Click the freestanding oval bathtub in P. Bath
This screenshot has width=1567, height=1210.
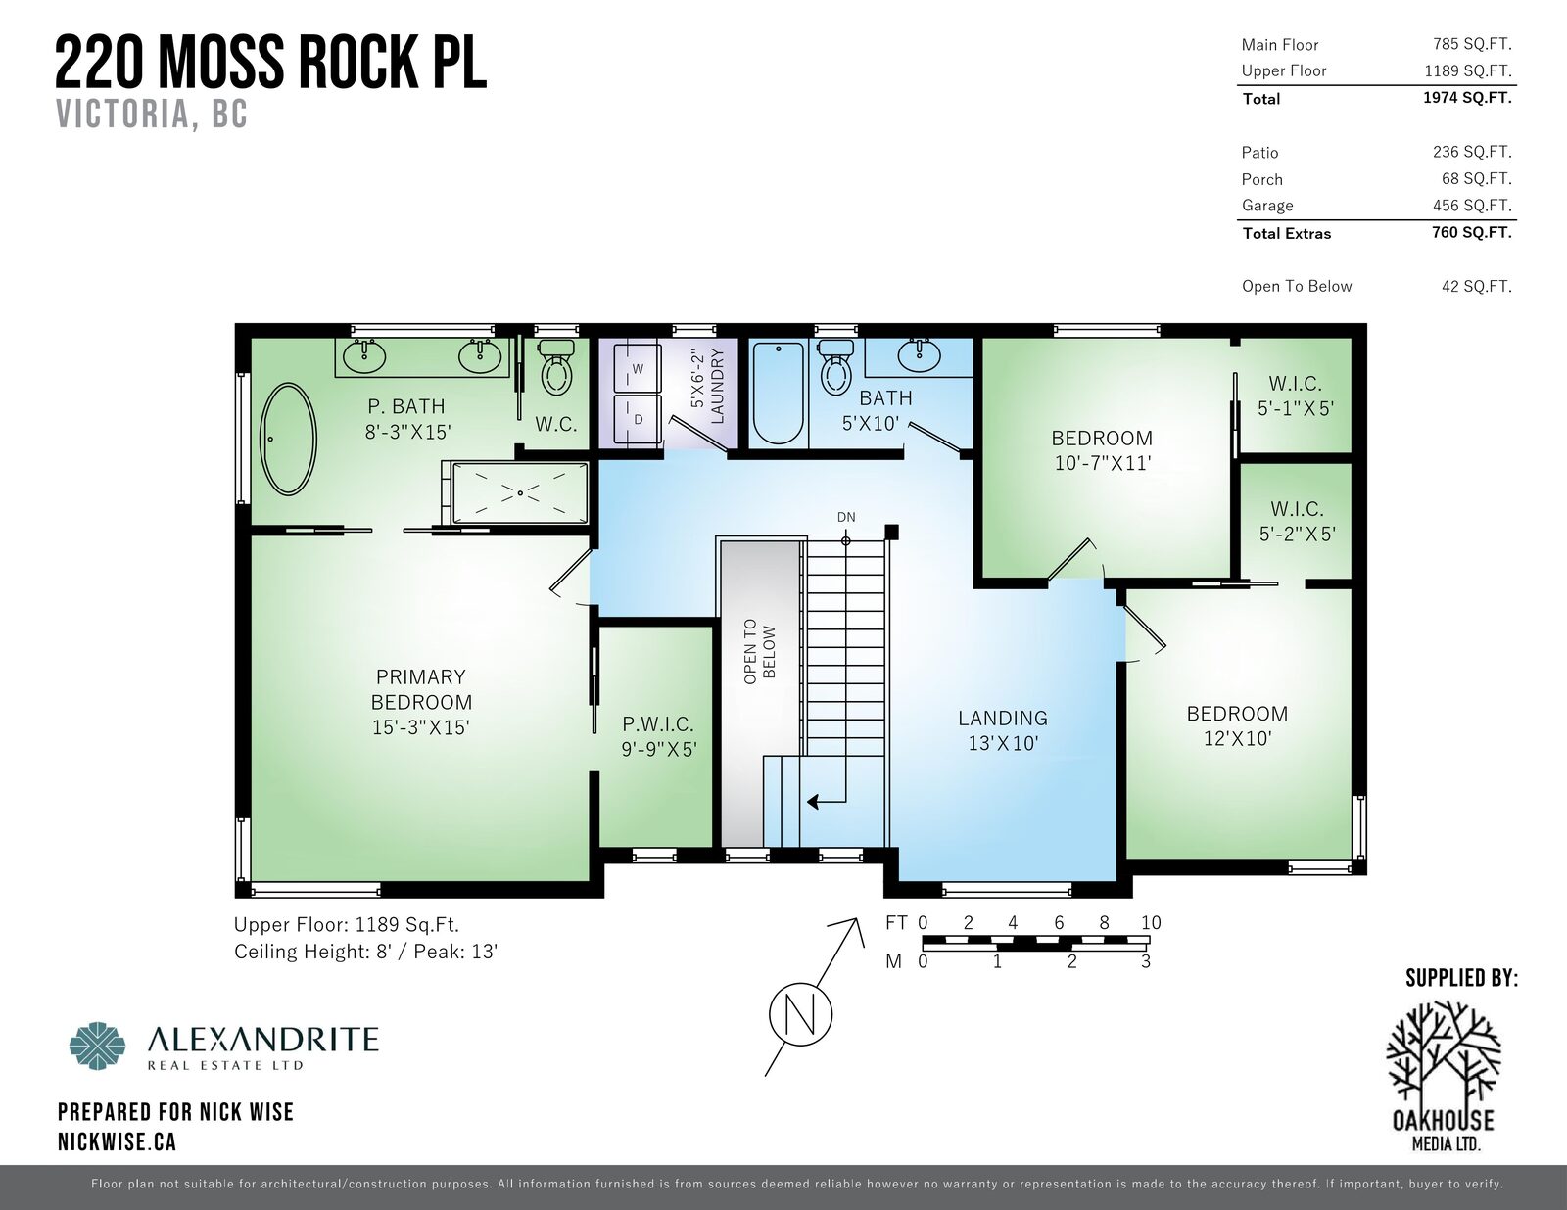pos(288,439)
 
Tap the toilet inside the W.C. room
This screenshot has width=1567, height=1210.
pos(557,370)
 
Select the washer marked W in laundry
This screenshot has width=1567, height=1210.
pos(637,369)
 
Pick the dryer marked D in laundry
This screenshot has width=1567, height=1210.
pos(637,419)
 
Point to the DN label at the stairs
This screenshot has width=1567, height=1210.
pos(846,517)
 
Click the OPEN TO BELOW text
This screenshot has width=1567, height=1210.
pos(759,652)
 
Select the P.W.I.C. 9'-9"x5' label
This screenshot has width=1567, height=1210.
pos(658,737)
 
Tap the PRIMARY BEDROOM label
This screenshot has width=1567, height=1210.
pos(421,702)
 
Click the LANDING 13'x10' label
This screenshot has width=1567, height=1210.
pos(1003,730)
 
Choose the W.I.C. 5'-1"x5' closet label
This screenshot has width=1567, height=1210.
pos(1296,396)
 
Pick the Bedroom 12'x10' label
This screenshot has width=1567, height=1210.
pos(1237,725)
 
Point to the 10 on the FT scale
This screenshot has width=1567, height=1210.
pos(1151,923)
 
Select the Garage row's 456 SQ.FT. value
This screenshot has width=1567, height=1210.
pos(1471,206)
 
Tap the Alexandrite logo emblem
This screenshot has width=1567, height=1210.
pos(98,1047)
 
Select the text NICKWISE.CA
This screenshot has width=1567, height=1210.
pos(118,1141)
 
